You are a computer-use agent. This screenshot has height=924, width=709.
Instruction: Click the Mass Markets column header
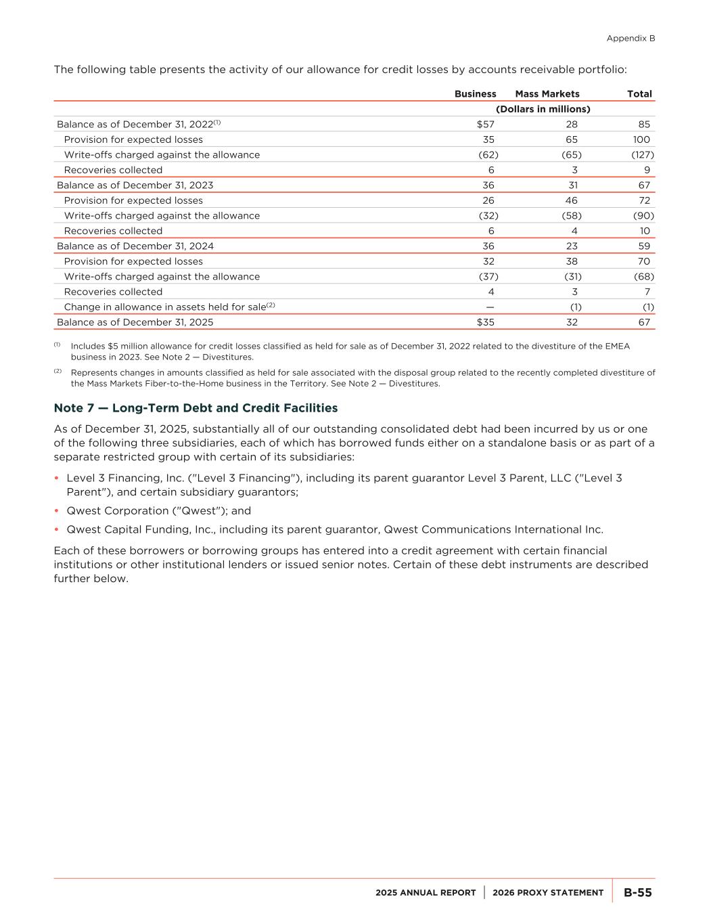tap(547, 94)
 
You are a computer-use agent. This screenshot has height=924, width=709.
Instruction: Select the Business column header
tap(475, 94)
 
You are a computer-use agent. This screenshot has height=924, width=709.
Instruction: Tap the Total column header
tap(639, 94)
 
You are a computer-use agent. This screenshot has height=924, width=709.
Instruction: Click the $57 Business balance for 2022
tap(485, 125)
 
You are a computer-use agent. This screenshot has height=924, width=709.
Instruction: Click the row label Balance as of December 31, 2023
tap(135, 185)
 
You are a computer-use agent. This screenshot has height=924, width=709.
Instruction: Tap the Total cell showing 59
tap(643, 246)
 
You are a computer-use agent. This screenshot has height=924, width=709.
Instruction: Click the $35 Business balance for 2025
tap(485, 322)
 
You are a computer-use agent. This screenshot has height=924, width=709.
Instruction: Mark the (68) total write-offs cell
tap(643, 277)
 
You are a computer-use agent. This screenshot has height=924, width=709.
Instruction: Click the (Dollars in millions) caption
tap(543, 109)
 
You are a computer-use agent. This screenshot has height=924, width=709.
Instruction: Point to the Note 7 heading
tap(196, 408)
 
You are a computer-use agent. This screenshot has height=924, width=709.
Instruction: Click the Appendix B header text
tap(631, 39)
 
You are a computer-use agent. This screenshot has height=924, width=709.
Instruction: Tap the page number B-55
tap(637, 893)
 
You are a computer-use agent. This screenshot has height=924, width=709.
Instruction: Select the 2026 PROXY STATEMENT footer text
tap(548, 893)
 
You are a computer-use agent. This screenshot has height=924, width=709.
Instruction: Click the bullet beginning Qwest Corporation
tap(158, 511)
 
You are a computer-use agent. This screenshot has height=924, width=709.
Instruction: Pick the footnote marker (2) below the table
tap(58, 371)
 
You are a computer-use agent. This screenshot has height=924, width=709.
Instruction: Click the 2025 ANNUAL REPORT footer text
tap(426, 893)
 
